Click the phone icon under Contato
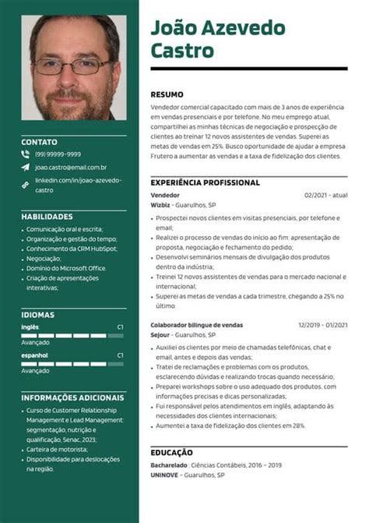(x=26, y=154)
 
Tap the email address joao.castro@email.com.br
(x=71, y=167)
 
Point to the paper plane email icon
(x=26, y=167)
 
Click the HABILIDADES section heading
(x=47, y=216)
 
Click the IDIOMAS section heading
(x=37, y=314)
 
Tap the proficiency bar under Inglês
(x=72, y=334)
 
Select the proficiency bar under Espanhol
(x=72, y=362)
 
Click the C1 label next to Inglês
(x=120, y=327)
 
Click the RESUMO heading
(x=167, y=94)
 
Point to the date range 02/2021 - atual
(x=325, y=195)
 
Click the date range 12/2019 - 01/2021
(x=322, y=325)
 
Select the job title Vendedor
(x=165, y=195)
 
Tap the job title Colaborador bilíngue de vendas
(x=197, y=325)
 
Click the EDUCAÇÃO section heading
(x=172, y=451)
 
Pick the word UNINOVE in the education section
(x=165, y=475)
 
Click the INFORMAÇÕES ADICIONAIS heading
(x=72, y=398)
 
